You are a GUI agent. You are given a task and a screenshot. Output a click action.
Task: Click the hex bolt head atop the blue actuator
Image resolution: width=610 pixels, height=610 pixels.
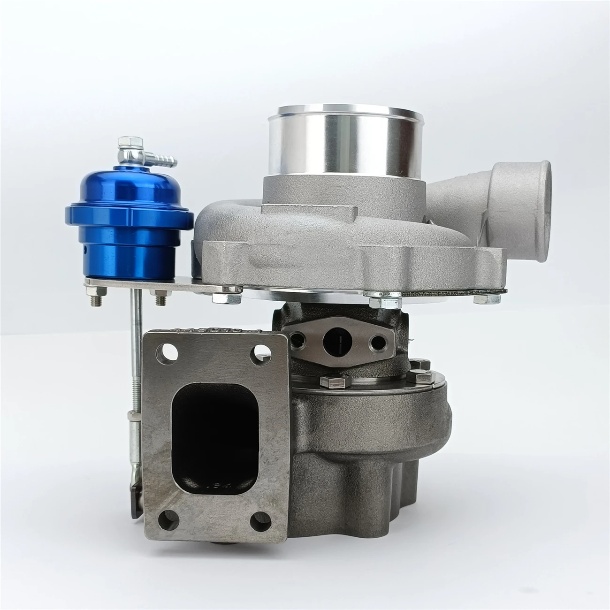[126, 141]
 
